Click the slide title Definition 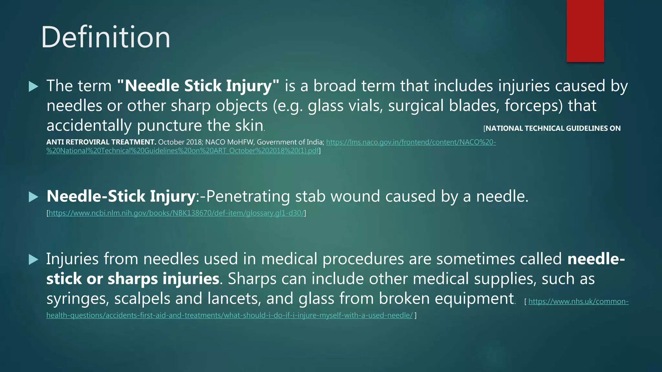point(105,37)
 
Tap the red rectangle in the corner point(585,31)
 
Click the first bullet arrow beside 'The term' point(34,86)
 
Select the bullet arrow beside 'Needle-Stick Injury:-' point(34,197)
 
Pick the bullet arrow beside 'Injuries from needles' point(34,259)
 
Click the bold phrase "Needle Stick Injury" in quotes point(198,86)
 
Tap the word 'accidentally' point(89,125)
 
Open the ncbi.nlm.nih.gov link point(176,213)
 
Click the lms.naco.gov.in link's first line point(411,142)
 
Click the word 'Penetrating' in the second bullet point(248,196)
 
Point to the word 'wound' point(355,196)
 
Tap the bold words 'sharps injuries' point(163,279)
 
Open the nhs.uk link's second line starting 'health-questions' point(230,315)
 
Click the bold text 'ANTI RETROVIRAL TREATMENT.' point(101,142)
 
